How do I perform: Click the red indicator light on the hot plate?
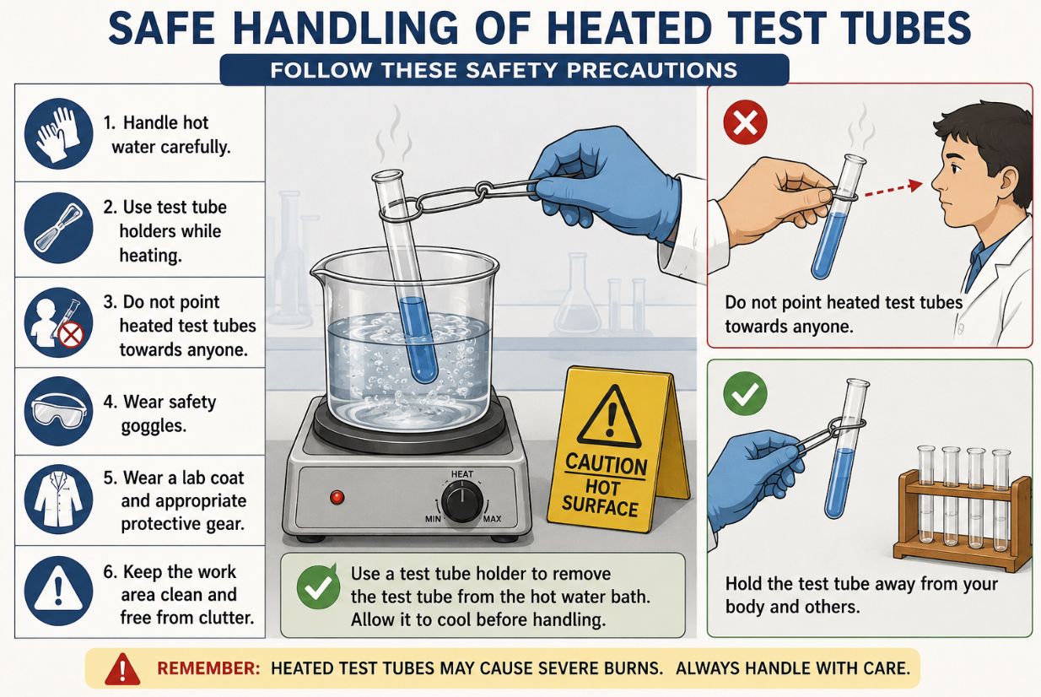pos(337,497)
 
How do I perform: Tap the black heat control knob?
pos(462,502)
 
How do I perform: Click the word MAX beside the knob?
pos(492,518)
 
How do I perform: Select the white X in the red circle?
pos(745,122)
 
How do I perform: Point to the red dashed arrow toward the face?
pos(893,190)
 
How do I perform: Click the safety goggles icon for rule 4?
pos(58,412)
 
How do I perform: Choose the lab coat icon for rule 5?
pos(58,500)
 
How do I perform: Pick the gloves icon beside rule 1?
pos(58,133)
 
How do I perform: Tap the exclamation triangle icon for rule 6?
pos(58,592)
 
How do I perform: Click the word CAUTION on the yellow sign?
pos(606,465)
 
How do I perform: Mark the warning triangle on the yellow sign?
pos(610,416)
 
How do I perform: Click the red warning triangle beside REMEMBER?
pos(122,668)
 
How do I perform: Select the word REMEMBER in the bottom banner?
pos(208,668)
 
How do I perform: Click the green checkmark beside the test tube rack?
pos(745,394)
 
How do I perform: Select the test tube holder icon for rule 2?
pos(58,229)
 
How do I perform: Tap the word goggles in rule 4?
pos(154,426)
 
